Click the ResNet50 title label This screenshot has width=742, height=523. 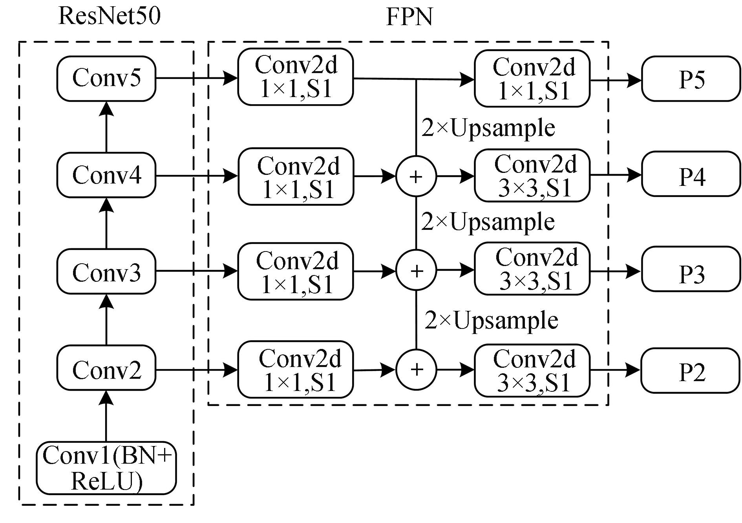tap(109, 17)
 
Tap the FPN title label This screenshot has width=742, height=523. tap(409, 17)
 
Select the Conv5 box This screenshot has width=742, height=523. tap(106, 78)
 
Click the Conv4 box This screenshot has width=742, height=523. tap(106, 175)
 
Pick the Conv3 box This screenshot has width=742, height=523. tap(106, 272)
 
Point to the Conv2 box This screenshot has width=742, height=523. tap(106, 369)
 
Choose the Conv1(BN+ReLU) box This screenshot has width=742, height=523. tap(106, 468)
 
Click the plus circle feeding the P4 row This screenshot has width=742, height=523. tap(416, 176)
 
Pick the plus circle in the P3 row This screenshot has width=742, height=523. tap(416, 270)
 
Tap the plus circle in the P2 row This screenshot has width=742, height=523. tap(416, 369)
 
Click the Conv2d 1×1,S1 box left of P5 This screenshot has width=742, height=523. tap(532, 78)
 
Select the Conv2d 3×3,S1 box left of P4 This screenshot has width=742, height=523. tap(532, 175)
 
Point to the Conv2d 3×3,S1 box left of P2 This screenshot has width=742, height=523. tap(532, 370)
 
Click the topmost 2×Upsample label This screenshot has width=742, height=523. tap(488, 128)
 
